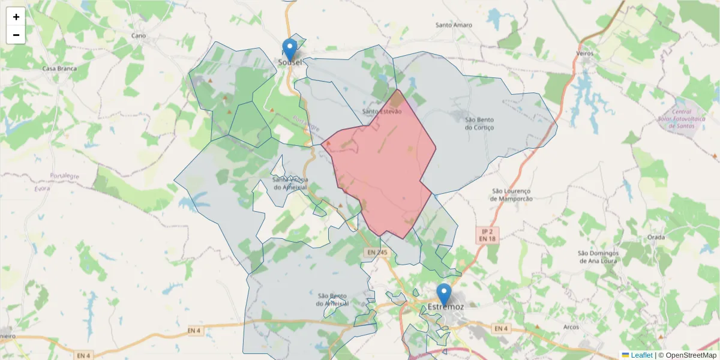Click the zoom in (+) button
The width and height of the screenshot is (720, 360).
(x=16, y=17)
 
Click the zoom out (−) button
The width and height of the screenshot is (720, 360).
(x=16, y=35)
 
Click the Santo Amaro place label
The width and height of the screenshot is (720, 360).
(x=454, y=25)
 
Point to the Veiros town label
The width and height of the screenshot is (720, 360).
(x=584, y=53)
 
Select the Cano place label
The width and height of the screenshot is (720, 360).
(x=139, y=35)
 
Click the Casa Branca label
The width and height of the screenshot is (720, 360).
(x=59, y=68)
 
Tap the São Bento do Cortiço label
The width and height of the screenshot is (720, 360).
(x=479, y=123)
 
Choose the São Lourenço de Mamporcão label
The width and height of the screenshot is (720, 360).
(x=511, y=194)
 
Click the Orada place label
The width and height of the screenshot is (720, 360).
(x=656, y=237)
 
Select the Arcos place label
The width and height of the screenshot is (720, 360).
(x=571, y=327)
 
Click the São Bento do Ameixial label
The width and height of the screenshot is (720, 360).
(x=332, y=299)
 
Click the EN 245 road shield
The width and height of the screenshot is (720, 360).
(x=377, y=253)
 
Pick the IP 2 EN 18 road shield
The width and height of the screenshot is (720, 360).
(x=487, y=235)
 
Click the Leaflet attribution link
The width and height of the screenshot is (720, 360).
(x=641, y=355)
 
